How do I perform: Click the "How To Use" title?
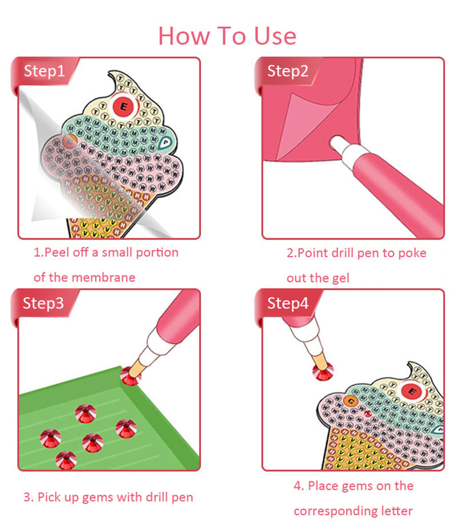(x=227, y=36)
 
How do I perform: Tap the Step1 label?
(x=44, y=71)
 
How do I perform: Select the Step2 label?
(x=288, y=71)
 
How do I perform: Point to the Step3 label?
(x=43, y=303)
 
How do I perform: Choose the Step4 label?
(x=288, y=303)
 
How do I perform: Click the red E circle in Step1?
(x=124, y=107)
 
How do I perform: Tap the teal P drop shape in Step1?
(x=165, y=143)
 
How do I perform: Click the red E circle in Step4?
(x=412, y=392)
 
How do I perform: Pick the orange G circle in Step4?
(x=351, y=401)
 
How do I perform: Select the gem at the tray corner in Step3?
(x=130, y=376)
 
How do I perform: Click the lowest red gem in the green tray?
(x=66, y=460)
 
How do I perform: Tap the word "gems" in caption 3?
(x=98, y=497)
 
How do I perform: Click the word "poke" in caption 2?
(x=412, y=253)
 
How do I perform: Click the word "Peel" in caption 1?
(x=57, y=252)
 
